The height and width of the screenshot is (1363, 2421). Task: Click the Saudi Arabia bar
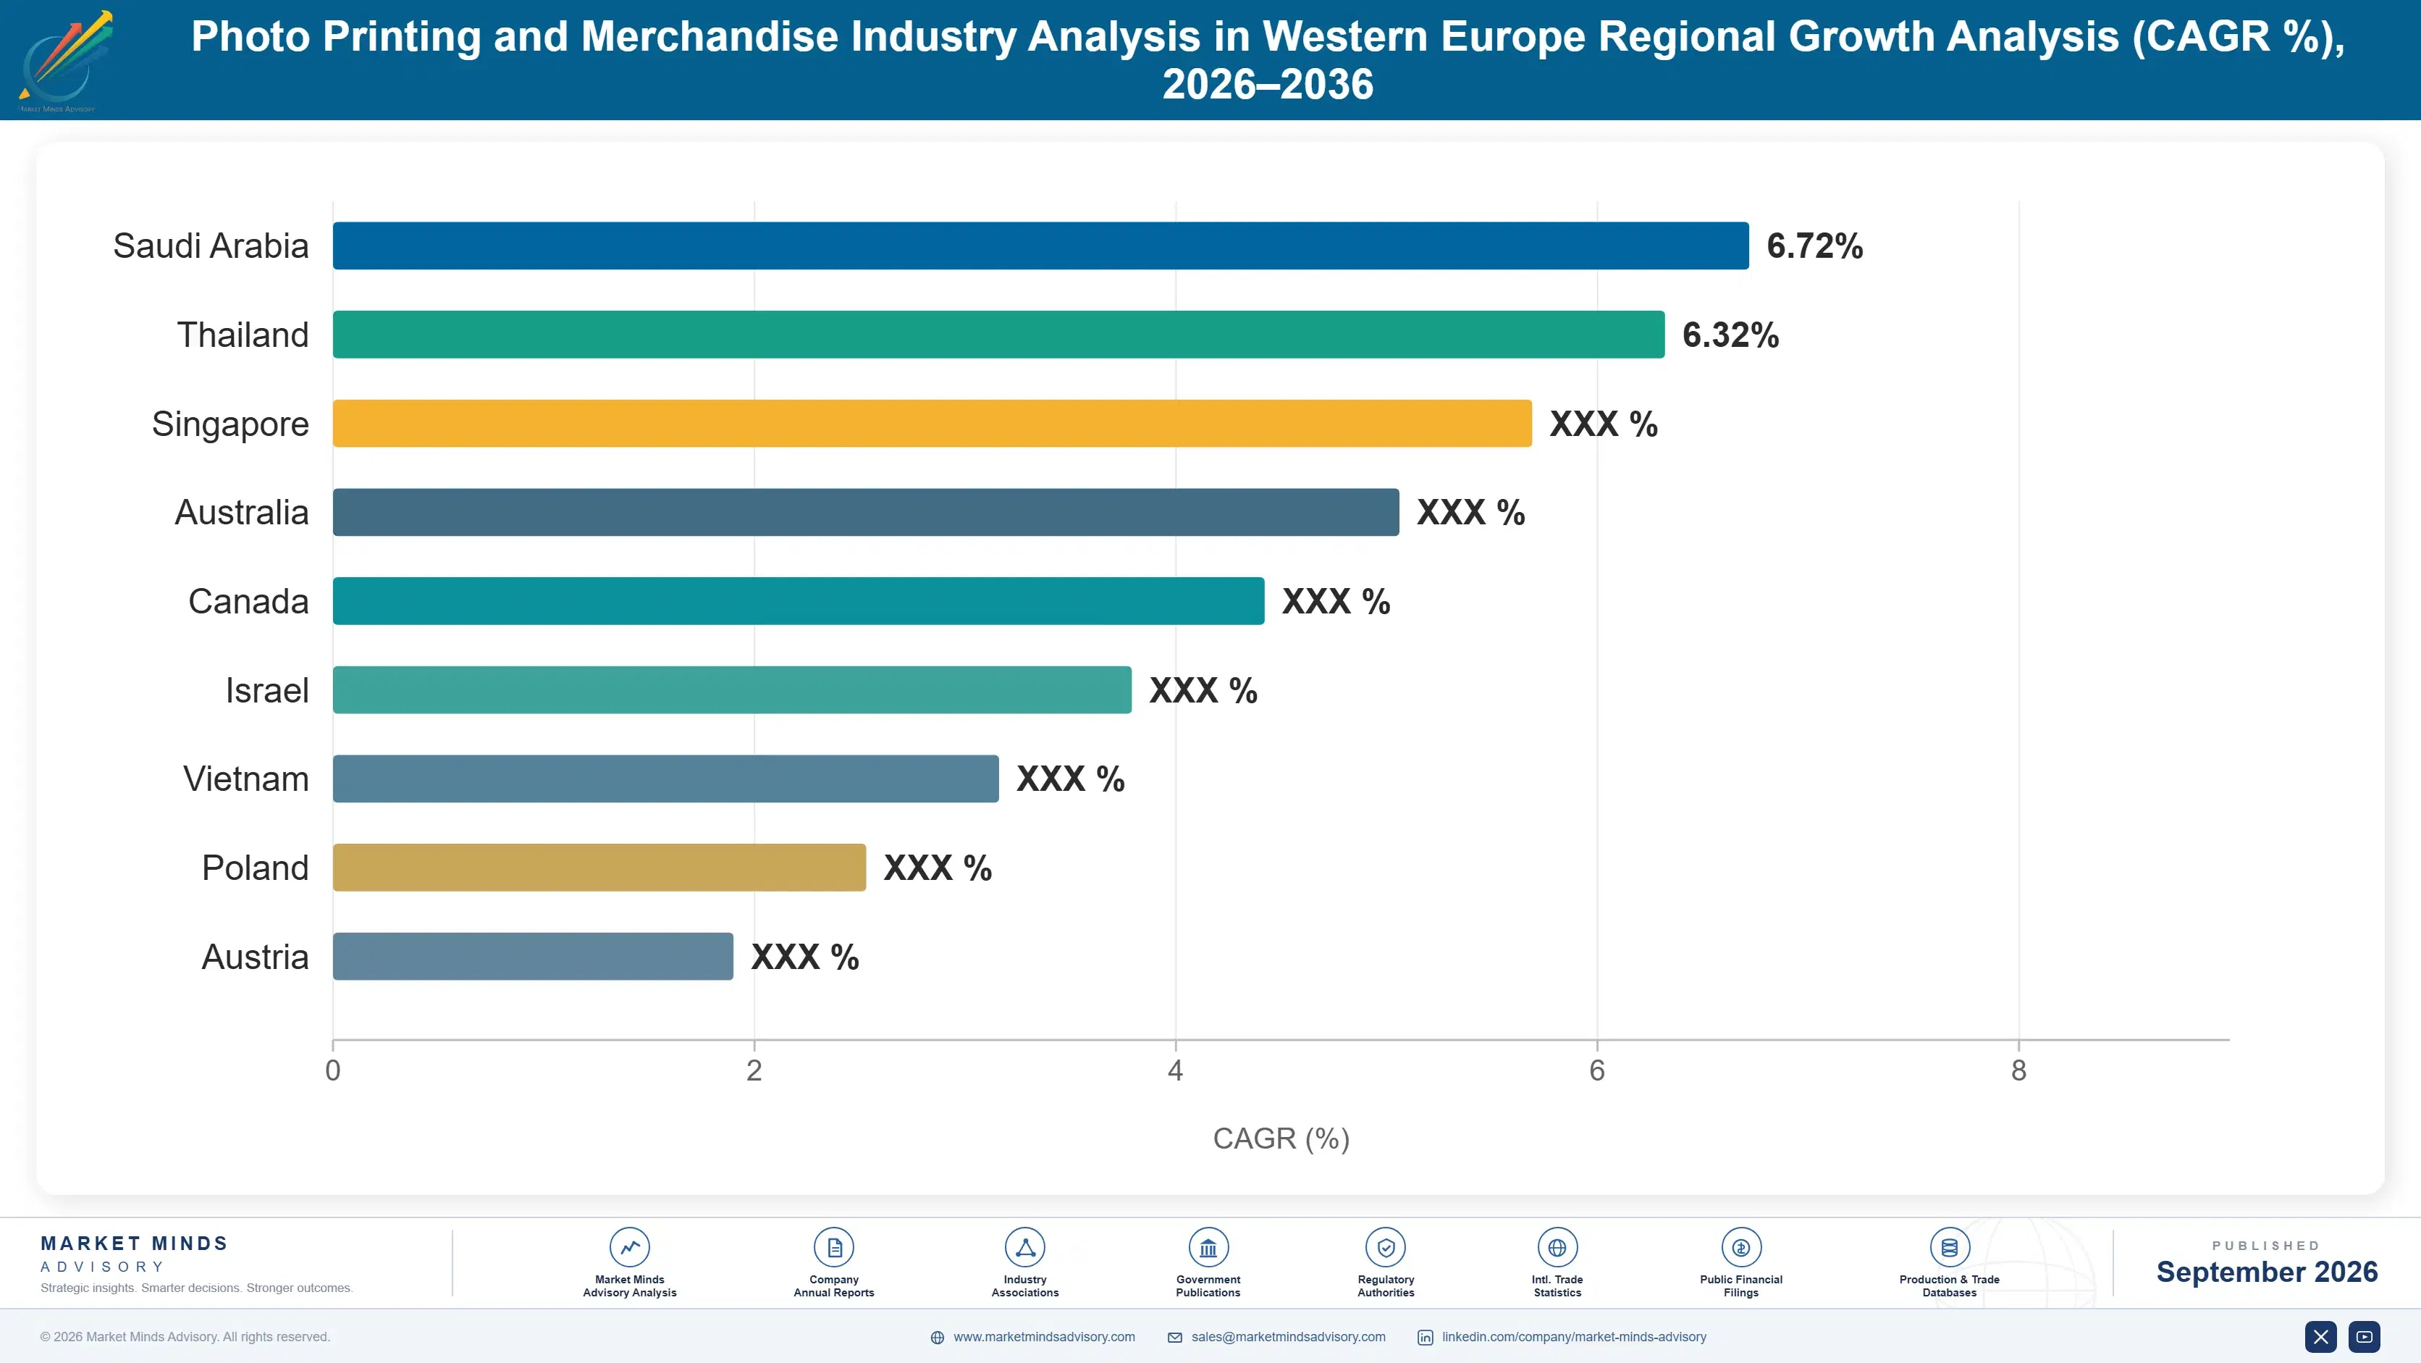(1040, 246)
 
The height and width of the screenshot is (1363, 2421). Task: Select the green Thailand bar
(998, 335)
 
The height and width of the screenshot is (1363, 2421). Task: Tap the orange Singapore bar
(932, 423)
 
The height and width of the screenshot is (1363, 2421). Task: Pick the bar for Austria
(533, 956)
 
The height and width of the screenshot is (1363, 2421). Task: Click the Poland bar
(599, 868)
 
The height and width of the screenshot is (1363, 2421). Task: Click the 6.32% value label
(1730, 335)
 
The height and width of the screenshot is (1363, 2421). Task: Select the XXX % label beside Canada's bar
(1336, 602)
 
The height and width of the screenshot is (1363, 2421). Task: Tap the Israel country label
(267, 690)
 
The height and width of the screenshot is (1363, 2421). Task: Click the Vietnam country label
(246, 779)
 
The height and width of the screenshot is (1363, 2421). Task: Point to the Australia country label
(242, 512)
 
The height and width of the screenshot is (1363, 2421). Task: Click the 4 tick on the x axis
(1175, 1070)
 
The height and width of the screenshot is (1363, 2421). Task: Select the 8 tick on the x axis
(2018, 1070)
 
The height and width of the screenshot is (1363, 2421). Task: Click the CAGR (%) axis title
(1281, 1138)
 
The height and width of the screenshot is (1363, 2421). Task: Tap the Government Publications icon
(1208, 1247)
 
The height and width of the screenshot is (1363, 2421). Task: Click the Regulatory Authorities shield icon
(1385, 1247)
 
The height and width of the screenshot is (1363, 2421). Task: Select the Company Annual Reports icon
(833, 1247)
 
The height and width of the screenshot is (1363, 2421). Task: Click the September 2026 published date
(2267, 1272)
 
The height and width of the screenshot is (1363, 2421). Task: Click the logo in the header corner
(64, 60)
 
